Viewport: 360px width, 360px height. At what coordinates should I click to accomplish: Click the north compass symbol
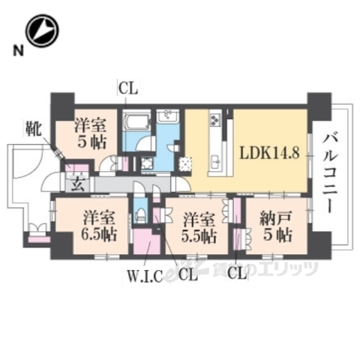42,31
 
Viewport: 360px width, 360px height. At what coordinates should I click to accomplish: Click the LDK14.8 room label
269,152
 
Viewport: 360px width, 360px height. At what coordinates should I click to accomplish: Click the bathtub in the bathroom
138,122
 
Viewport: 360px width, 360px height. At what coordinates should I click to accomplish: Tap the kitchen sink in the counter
215,159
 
